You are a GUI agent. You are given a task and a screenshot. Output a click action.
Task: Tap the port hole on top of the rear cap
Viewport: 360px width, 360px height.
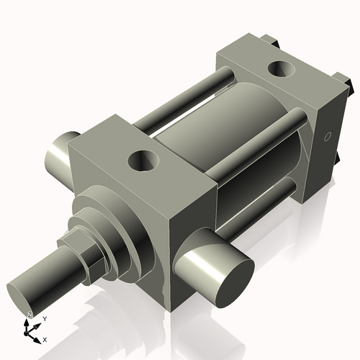click(278, 70)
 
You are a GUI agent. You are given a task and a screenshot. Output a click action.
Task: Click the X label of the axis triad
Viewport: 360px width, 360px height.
click(45, 338)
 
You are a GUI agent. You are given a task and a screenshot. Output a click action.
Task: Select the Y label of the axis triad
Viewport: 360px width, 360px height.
click(45, 318)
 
